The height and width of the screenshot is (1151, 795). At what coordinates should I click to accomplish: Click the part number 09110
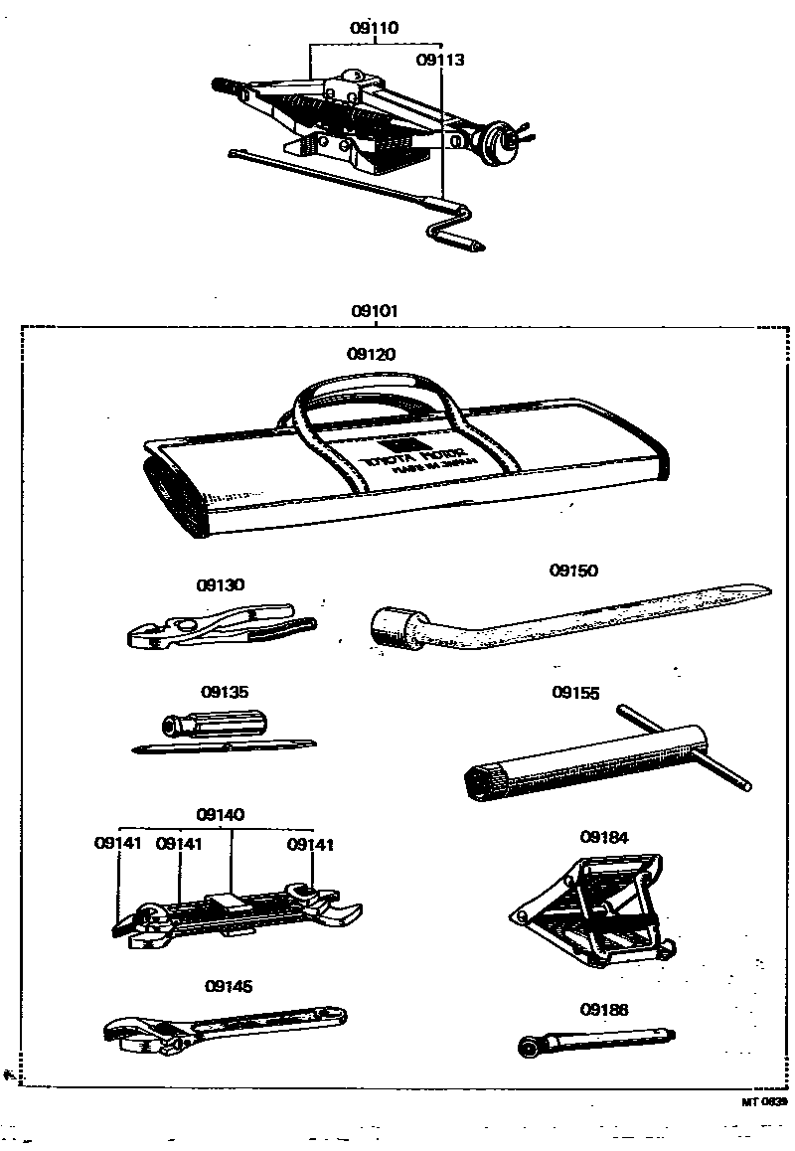(374, 29)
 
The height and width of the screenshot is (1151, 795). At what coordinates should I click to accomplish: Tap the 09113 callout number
(440, 60)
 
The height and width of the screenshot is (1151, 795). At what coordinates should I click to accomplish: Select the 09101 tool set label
(374, 311)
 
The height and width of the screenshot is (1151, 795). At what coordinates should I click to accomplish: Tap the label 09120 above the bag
(371, 354)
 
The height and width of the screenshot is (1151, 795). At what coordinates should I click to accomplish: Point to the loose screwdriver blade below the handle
(223, 745)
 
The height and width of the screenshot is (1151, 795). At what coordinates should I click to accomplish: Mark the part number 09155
(576, 693)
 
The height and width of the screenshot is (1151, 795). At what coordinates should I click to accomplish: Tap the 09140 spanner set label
(221, 814)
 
